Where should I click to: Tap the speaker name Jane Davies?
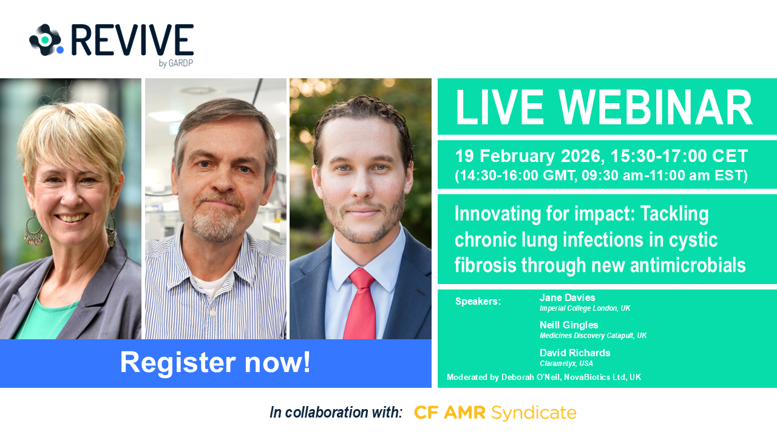(x=567, y=297)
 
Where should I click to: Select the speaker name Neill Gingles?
(x=569, y=325)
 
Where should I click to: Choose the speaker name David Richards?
(x=575, y=353)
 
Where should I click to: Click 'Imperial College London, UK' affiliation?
(x=585, y=308)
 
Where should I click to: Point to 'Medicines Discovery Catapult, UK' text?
(x=593, y=336)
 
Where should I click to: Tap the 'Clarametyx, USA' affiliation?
(x=566, y=364)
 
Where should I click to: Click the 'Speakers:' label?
(x=478, y=302)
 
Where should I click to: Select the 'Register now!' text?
(x=215, y=362)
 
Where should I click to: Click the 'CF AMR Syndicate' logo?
(x=495, y=413)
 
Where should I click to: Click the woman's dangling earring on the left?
(x=34, y=231)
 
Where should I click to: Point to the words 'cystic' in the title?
(x=693, y=240)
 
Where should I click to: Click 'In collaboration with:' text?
(x=336, y=413)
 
